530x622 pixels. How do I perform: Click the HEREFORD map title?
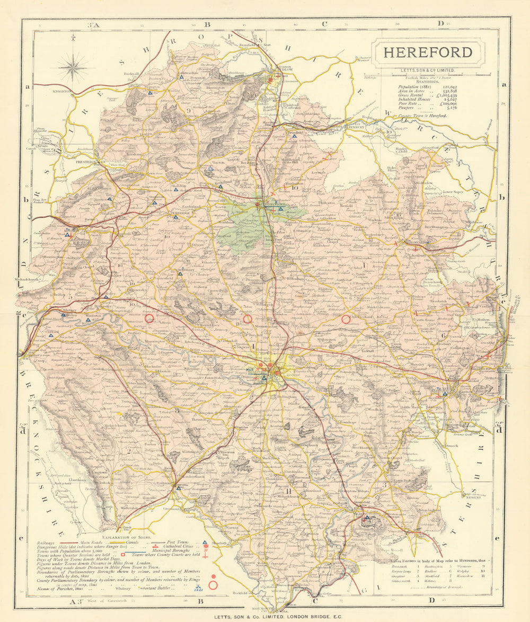(427, 52)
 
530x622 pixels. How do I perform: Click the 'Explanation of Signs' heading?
(122, 536)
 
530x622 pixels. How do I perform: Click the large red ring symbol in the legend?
(213, 585)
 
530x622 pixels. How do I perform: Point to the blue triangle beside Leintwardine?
(181, 77)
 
